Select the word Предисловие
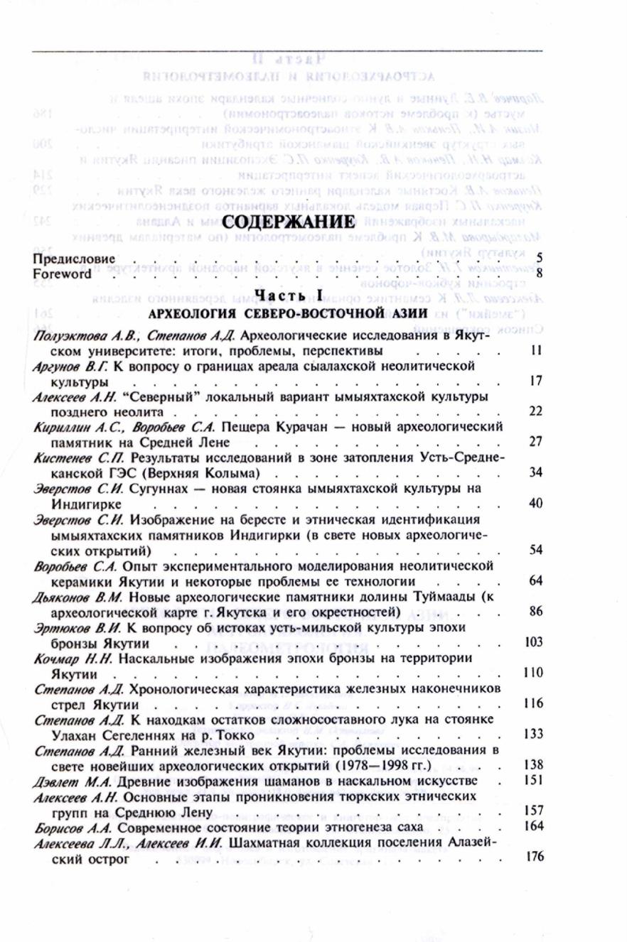[74, 259]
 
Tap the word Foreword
[63, 273]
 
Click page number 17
[537, 381]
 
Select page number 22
[537, 411]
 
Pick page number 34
[537, 472]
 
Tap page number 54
[537, 550]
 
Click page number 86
[537, 611]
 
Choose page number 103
[534, 642]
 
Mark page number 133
[534, 734]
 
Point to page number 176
[534, 857]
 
